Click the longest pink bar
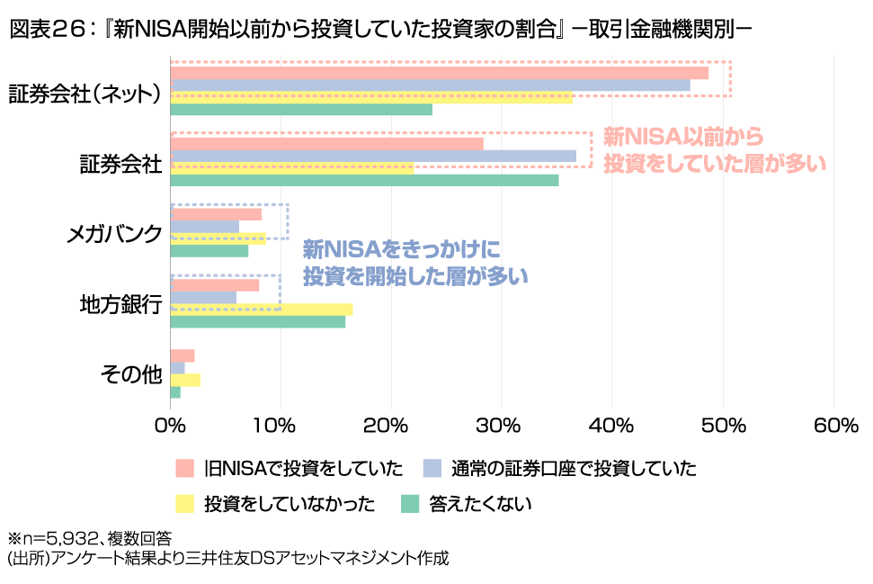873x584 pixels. click(440, 74)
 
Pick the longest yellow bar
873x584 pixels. click(371, 98)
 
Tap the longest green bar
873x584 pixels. click(364, 180)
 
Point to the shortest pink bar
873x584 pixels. click(183, 355)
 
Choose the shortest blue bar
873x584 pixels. click(178, 368)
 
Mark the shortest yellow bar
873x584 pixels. click(185, 380)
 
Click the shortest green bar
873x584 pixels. click(175, 392)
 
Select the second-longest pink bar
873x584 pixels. click(326, 143)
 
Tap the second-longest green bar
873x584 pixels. click(301, 110)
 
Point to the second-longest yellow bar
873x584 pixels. click(292, 167)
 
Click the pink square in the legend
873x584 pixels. click(184, 468)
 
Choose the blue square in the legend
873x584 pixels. click(432, 468)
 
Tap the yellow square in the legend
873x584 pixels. click(184, 503)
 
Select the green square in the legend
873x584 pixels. click(410, 503)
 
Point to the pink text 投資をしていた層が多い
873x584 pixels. click(715, 164)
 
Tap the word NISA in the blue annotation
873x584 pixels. click(354, 248)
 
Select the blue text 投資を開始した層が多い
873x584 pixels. click(415, 276)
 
